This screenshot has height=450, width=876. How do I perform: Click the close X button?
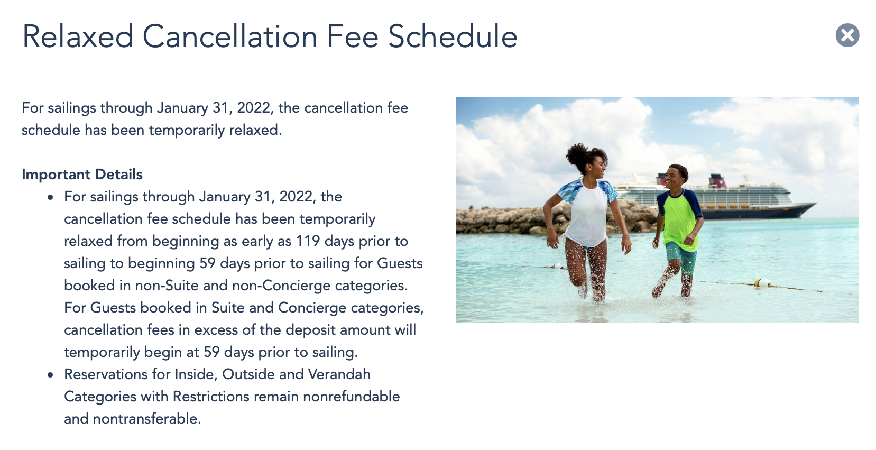[847, 35]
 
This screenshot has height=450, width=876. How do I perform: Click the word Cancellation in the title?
[229, 36]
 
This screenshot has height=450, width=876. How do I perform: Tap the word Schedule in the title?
[453, 36]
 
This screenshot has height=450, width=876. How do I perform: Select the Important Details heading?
[82, 174]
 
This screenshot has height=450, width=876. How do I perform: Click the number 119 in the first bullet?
[308, 241]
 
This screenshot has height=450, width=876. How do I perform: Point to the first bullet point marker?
[50, 197]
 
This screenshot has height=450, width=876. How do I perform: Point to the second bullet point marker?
[50, 375]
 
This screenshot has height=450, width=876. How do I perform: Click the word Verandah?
[339, 374]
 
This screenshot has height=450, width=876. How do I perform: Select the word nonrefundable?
[351, 397]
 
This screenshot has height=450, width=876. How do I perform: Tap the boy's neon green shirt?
[680, 219]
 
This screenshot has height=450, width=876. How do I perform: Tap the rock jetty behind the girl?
[509, 221]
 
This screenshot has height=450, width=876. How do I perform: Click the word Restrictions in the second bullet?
[211, 397]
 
